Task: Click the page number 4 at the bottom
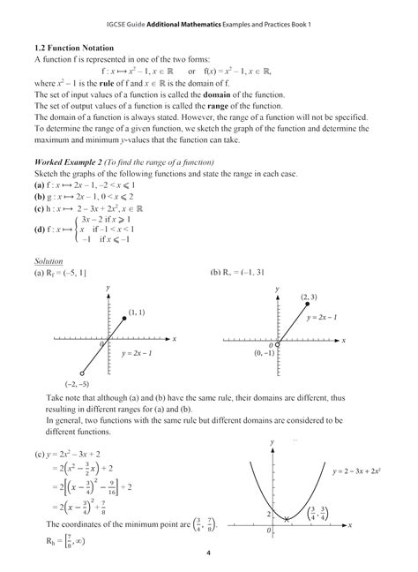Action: click(x=209, y=555)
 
